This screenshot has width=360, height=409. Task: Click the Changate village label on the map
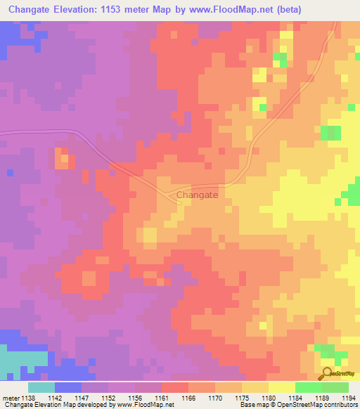click(197, 195)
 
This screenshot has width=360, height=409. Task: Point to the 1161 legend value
click(162, 397)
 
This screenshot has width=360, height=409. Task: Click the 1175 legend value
click(243, 397)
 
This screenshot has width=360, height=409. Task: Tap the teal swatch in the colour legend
click(41, 387)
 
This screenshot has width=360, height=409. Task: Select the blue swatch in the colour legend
click(68, 387)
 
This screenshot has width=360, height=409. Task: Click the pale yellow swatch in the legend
click(281, 387)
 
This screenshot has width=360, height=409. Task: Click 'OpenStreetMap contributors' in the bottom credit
click(314, 405)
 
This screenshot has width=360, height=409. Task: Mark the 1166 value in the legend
click(189, 397)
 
